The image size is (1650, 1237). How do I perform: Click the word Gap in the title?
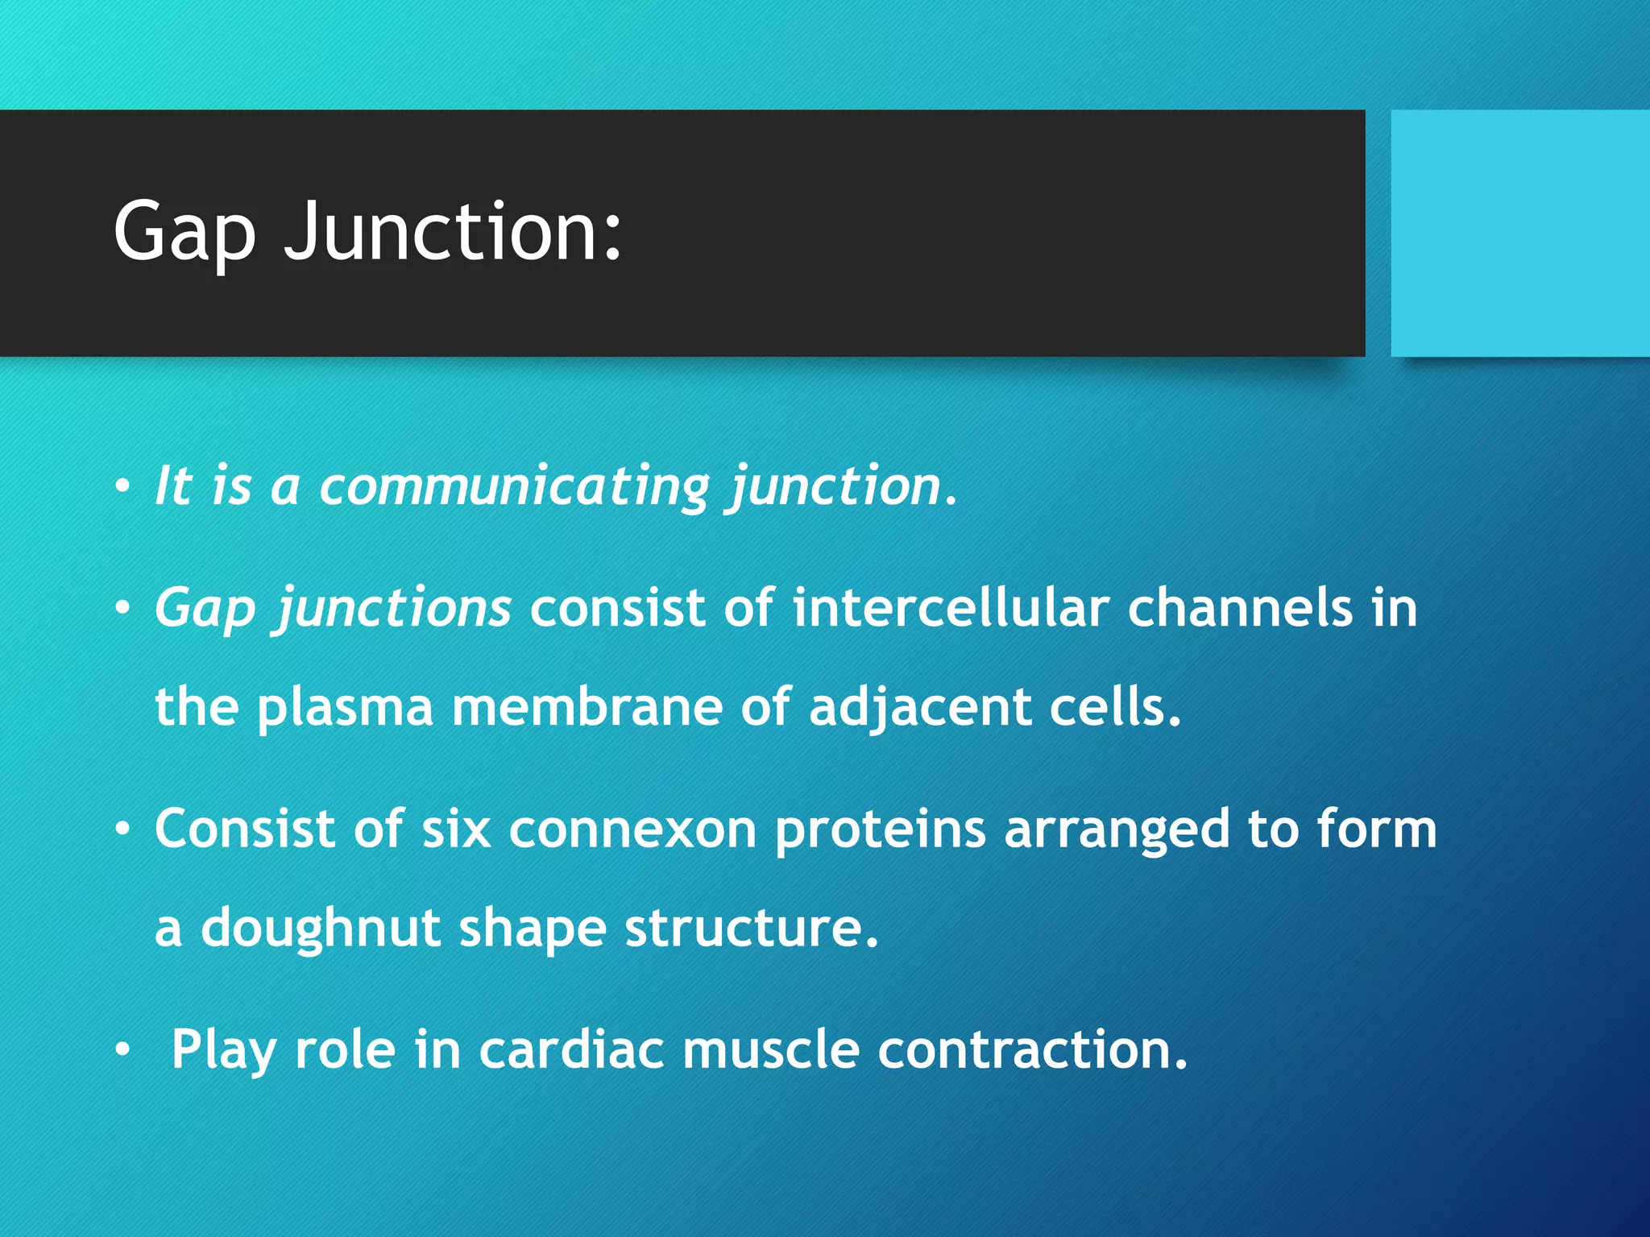coord(184,234)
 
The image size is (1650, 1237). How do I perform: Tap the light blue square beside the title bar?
coord(1519,234)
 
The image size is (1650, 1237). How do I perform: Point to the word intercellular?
coord(951,608)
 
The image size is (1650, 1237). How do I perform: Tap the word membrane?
coord(587,707)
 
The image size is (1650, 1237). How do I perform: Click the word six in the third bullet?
coord(456,829)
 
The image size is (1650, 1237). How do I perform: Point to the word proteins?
coord(880,829)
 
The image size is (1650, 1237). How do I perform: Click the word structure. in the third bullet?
coord(751,929)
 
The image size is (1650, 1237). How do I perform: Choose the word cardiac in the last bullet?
coord(571,1051)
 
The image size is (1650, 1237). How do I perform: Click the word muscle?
coord(771,1051)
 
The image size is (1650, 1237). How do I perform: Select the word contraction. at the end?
coord(1032,1051)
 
